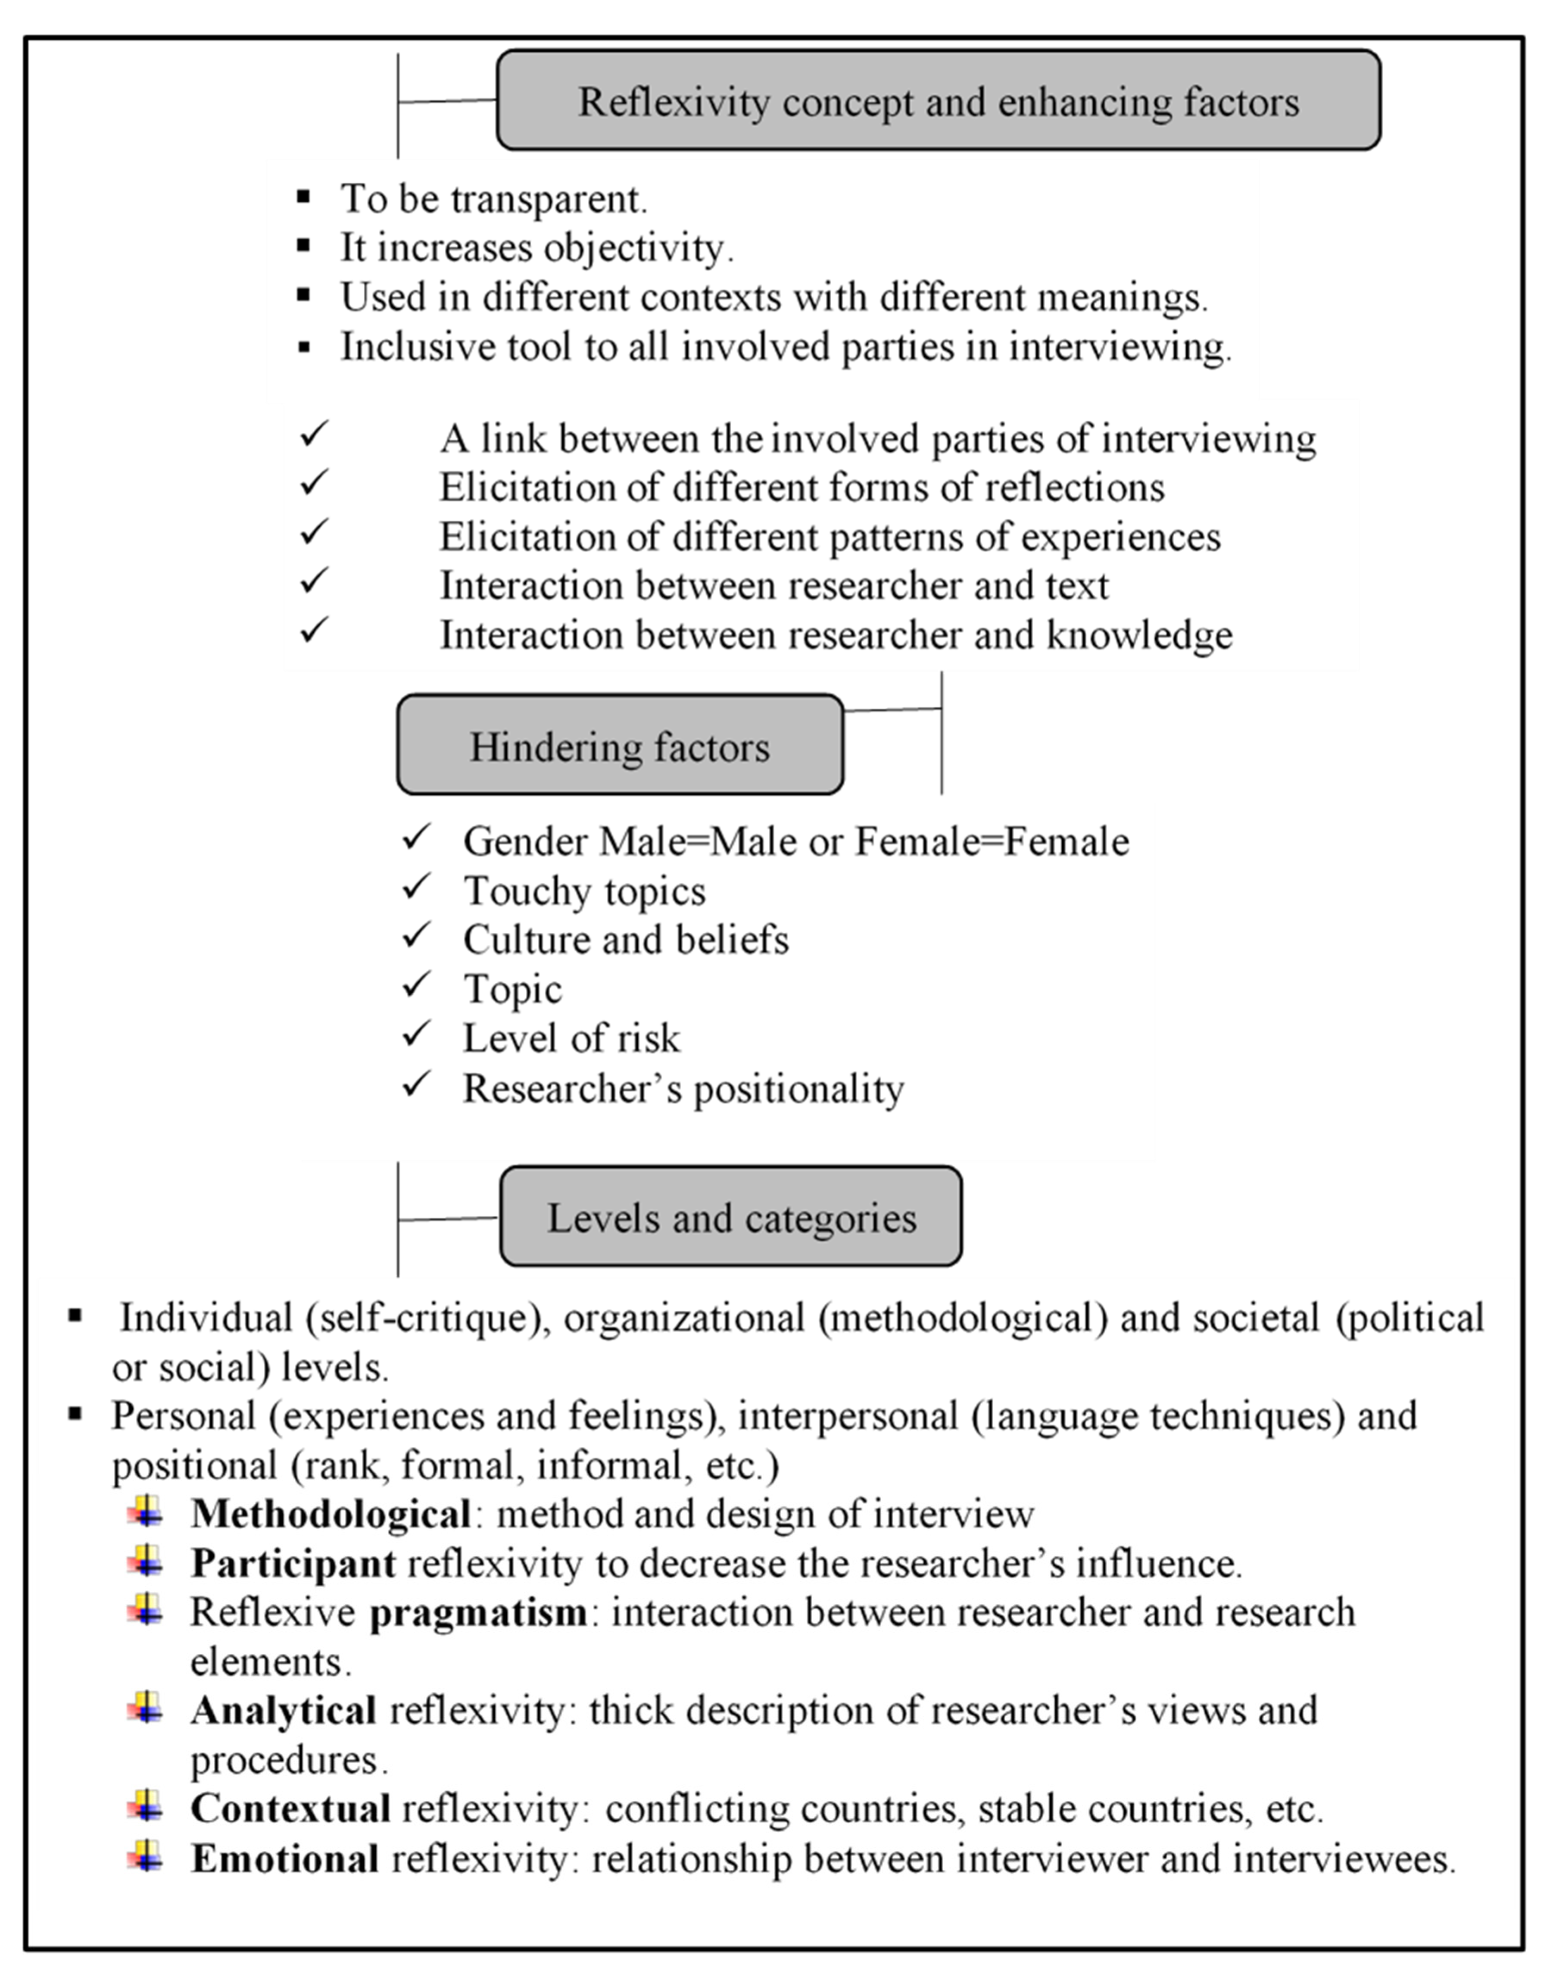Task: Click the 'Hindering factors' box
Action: [x=620, y=746]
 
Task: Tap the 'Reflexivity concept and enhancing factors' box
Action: [x=939, y=100]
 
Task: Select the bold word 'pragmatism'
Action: [x=478, y=1612]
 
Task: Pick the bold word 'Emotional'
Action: [x=284, y=1859]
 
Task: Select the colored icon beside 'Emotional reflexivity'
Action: [x=147, y=1856]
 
